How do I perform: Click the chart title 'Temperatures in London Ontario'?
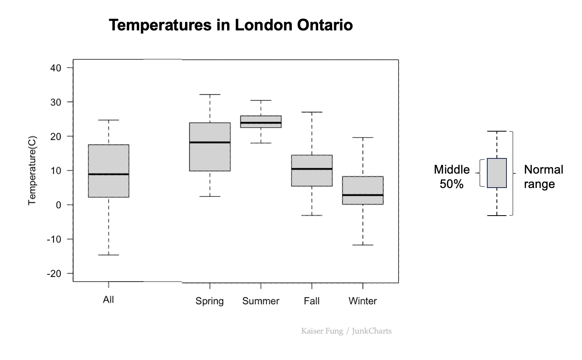231,25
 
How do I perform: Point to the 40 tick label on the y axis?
56,68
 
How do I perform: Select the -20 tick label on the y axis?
54,274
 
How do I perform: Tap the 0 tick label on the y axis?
58,205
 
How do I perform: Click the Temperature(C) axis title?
32,171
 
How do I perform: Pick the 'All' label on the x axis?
108,300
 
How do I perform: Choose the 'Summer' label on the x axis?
261,301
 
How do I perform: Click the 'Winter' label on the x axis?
363,301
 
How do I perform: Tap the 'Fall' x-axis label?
311,301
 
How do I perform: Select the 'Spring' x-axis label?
209,301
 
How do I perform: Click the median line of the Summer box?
261,122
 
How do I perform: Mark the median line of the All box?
109,174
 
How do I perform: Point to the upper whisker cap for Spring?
210,94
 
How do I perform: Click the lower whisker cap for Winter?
363,245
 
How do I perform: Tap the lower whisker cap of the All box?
109,255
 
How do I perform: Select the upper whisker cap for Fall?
312,112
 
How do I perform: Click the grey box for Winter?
363,186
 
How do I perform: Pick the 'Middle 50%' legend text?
452,176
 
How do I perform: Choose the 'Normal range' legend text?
543,176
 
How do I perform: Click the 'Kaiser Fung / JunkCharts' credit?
346,331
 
